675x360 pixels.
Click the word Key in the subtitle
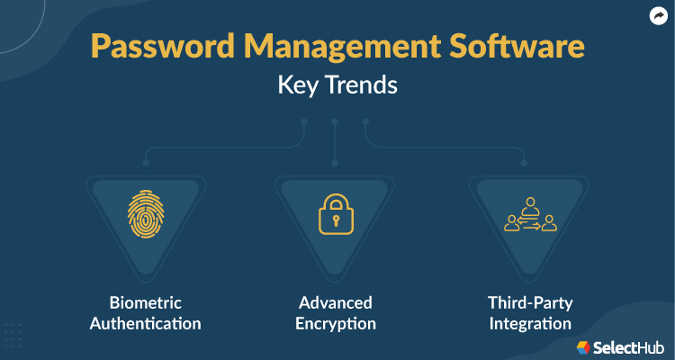coord(297,88)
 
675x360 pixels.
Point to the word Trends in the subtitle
coord(363,88)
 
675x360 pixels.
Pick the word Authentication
coord(145,323)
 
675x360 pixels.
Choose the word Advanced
coord(335,302)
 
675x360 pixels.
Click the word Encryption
coord(335,323)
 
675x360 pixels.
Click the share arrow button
coord(657,15)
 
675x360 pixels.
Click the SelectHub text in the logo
coord(630,346)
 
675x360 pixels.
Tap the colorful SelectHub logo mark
coord(583,346)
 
